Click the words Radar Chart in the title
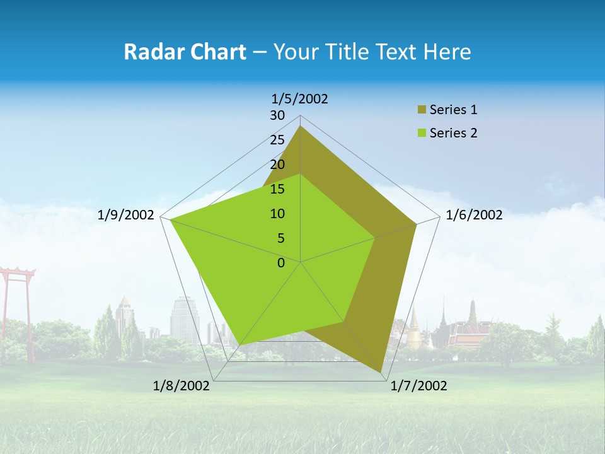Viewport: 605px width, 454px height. click(x=185, y=52)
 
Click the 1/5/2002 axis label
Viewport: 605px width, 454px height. click(x=300, y=98)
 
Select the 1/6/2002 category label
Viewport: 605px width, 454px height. click(x=474, y=215)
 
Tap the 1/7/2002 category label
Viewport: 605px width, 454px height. click(x=418, y=386)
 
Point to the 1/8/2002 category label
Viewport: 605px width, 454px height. click(x=181, y=386)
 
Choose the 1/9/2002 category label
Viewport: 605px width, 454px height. click(x=126, y=215)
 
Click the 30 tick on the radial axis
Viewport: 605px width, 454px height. click(x=277, y=115)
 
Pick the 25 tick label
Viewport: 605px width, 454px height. click(x=277, y=140)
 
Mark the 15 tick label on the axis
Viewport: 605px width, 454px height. click(x=277, y=189)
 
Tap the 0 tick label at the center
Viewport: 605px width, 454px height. click(x=281, y=263)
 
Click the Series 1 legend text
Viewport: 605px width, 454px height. click(x=453, y=110)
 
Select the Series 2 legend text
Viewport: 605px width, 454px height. click(x=453, y=133)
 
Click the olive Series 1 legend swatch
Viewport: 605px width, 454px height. click(x=421, y=110)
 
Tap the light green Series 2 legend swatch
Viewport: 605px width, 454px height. click(x=421, y=133)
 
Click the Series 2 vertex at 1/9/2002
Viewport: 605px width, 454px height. click(x=171, y=219)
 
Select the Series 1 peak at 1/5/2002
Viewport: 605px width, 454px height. click(x=301, y=126)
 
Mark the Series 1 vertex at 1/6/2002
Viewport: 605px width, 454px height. click(x=416, y=224)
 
